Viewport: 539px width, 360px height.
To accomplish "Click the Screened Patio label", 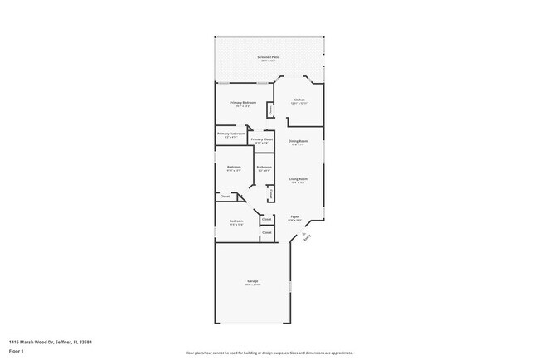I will [x=269, y=57].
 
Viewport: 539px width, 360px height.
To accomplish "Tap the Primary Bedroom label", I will [x=243, y=102].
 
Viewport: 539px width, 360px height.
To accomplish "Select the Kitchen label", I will [x=299, y=100].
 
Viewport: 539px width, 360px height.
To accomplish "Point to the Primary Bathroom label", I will [x=230, y=134].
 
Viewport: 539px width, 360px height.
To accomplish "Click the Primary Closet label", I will [x=262, y=139].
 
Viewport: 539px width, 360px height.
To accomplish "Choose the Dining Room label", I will [x=299, y=141].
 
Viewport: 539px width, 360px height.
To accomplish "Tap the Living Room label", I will [x=299, y=179].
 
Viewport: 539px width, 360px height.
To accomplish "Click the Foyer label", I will [x=294, y=217].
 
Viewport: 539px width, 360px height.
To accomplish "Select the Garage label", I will [x=252, y=281].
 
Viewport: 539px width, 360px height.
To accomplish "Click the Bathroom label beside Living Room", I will [x=264, y=168].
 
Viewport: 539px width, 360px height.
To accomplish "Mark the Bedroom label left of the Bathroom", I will [x=233, y=168].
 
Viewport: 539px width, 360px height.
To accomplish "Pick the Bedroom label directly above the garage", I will [x=236, y=221].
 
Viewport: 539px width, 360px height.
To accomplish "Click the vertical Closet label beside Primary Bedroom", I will [x=270, y=110].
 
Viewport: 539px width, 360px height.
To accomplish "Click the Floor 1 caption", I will [x=17, y=351].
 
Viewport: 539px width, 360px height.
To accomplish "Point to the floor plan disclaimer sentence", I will [x=269, y=352].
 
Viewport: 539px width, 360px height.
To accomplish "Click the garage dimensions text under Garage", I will [x=252, y=285].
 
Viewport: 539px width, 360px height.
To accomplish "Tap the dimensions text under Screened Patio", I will [x=269, y=61].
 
